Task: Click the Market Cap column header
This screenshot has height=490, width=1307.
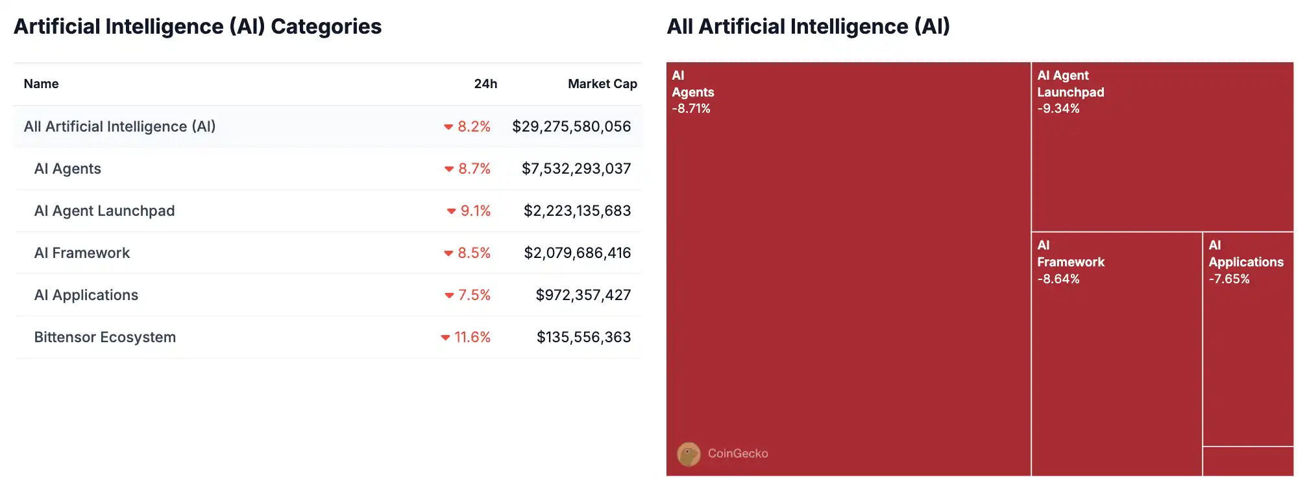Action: coord(602,84)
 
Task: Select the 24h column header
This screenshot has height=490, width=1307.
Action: coord(485,84)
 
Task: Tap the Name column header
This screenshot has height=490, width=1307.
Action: coord(41,84)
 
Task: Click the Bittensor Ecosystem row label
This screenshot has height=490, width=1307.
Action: coord(104,337)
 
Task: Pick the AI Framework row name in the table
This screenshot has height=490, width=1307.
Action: coord(82,253)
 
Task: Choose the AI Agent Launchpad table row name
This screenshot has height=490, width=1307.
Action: coord(104,211)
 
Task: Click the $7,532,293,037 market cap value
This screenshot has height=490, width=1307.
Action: coord(576,169)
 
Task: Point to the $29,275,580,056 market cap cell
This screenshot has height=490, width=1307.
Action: coord(571,126)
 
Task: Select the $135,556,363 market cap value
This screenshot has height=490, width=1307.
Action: coord(583,337)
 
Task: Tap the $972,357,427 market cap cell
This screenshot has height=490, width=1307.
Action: coord(583,295)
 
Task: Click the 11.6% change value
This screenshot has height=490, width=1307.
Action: coord(472,337)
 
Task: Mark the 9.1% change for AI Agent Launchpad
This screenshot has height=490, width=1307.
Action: coord(475,211)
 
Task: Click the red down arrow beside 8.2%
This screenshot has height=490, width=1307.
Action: coord(448,127)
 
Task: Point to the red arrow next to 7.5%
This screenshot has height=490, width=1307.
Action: coord(448,296)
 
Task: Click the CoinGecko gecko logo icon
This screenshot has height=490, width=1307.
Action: coord(689,454)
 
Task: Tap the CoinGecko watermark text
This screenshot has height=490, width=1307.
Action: coord(738,454)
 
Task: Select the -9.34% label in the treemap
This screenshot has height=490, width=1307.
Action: coord(1058,109)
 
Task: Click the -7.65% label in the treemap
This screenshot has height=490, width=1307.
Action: coord(1228,279)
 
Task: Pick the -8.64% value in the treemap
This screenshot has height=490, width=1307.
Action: coord(1058,279)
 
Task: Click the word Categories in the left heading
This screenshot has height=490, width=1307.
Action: coord(326,27)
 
